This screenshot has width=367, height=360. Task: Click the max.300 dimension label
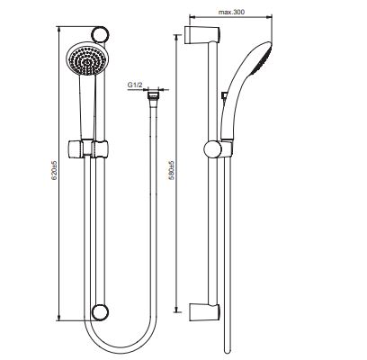click(231, 12)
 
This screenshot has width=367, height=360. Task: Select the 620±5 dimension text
click(54, 170)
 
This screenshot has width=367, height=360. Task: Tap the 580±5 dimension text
click(171, 170)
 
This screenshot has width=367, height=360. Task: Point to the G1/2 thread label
click(135, 85)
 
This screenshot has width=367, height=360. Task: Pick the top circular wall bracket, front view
click(99, 34)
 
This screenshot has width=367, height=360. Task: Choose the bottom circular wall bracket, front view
click(99, 312)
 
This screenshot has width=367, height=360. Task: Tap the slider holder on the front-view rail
click(87, 148)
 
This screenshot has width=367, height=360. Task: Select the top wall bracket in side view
click(201, 34)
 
